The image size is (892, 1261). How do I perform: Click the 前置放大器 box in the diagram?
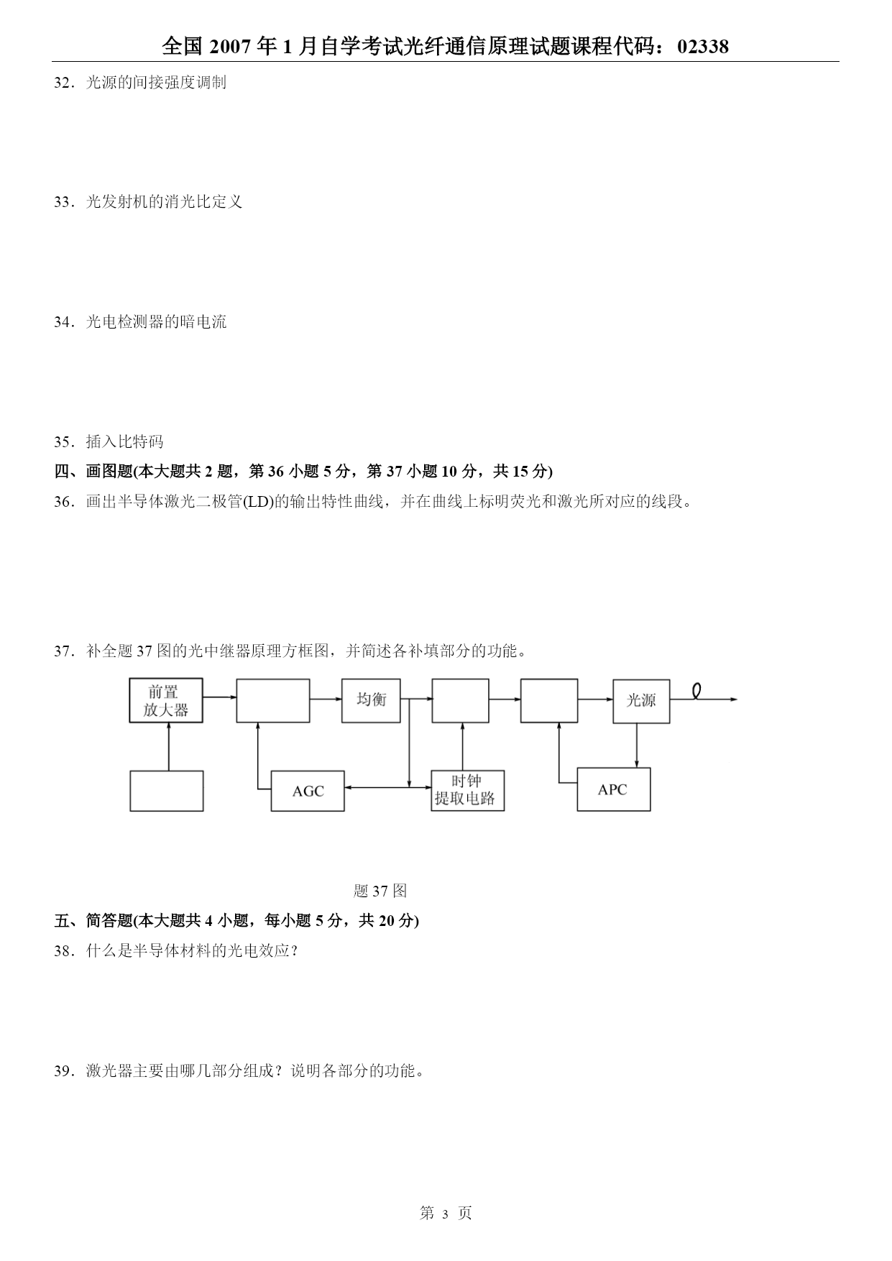[x=166, y=700]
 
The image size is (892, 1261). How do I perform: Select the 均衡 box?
[x=371, y=700]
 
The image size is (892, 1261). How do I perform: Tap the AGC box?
[x=308, y=791]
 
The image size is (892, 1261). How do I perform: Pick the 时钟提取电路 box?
[x=468, y=791]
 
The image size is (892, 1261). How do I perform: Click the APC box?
[x=614, y=789]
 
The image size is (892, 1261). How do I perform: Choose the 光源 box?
[x=641, y=701]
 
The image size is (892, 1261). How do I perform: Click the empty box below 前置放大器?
[x=167, y=791]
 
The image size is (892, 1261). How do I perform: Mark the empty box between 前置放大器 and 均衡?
[x=274, y=700]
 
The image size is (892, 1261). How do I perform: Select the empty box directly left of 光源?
[x=549, y=700]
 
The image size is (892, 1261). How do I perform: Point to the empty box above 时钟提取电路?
[x=461, y=700]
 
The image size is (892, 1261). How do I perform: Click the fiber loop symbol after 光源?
[x=696, y=691]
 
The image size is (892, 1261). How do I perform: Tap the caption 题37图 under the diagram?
[x=380, y=891]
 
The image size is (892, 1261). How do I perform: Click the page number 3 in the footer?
[x=446, y=1214]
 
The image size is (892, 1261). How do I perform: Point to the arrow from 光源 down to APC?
[x=636, y=746]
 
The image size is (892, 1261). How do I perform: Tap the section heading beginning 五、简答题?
[x=236, y=921]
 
